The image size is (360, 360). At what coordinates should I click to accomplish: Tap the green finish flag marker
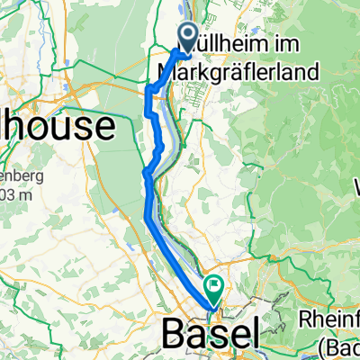(x=215, y=290)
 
